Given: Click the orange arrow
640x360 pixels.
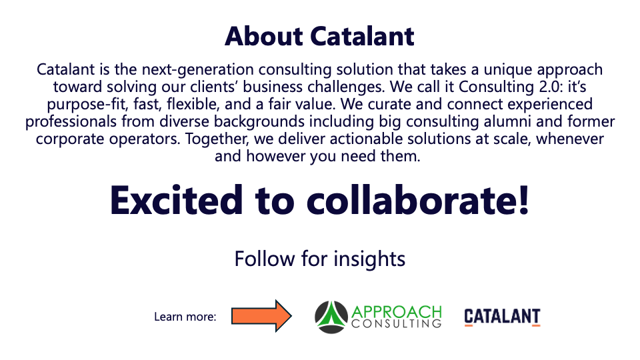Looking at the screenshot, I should pyautogui.click(x=261, y=315).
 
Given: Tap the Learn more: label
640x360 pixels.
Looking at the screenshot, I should pyautogui.click(x=185, y=317).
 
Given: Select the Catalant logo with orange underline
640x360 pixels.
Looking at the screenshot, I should pyautogui.click(x=502, y=317).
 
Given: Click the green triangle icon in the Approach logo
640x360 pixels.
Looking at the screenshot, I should pyautogui.click(x=331, y=317).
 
